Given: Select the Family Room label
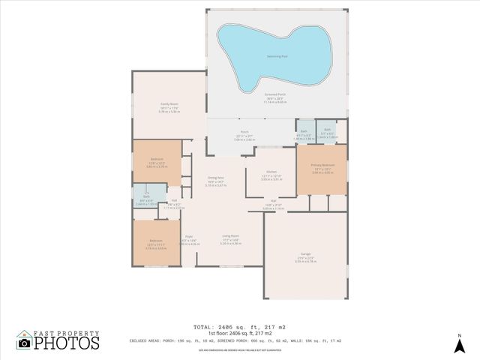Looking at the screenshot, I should (169, 106).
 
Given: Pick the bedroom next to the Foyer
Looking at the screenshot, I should (157, 241).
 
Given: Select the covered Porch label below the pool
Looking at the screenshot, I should (244, 132).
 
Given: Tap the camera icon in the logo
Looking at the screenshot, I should (24, 343).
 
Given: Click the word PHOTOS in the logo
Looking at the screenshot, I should (66, 343).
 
